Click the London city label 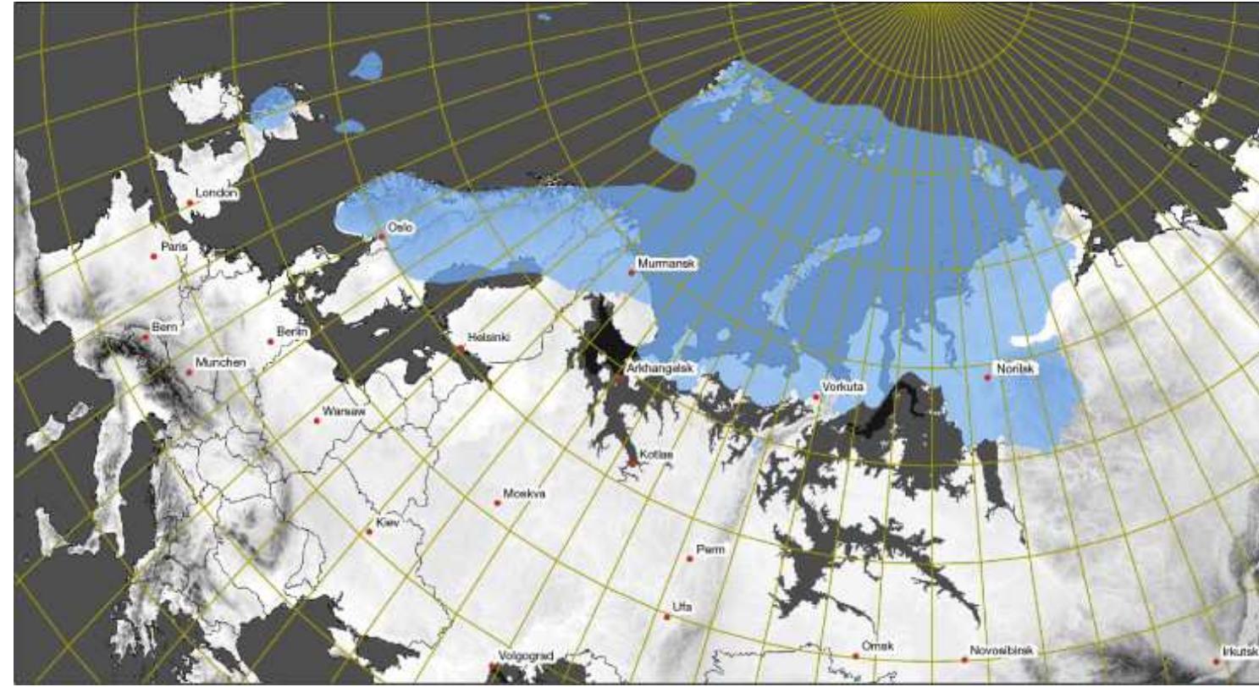coord(216,193)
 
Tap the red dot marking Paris coord(154,256)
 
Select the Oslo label coord(398,227)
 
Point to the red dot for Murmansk coord(631,272)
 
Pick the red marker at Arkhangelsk coord(620,378)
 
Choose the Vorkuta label coord(843,387)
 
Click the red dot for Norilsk coord(987,377)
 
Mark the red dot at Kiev coord(369,532)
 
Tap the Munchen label coord(219,362)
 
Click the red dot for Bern coord(145,338)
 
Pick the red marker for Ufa coord(667,617)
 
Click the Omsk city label coord(875,646)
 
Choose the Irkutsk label coord(1238,652)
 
